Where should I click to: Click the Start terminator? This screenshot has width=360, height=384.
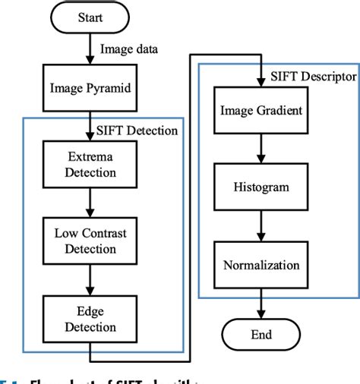[90, 17]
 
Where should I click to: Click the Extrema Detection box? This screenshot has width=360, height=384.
[90, 164]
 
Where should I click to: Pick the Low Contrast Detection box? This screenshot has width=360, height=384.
[90, 241]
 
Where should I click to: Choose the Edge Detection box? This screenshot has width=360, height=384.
[90, 319]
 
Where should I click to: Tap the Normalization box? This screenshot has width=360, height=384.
[260, 266]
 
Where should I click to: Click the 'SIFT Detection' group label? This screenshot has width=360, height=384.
[137, 131]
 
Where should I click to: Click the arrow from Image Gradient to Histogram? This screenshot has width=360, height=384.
[260, 150]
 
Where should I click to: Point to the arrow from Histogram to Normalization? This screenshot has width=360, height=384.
[260, 227]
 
